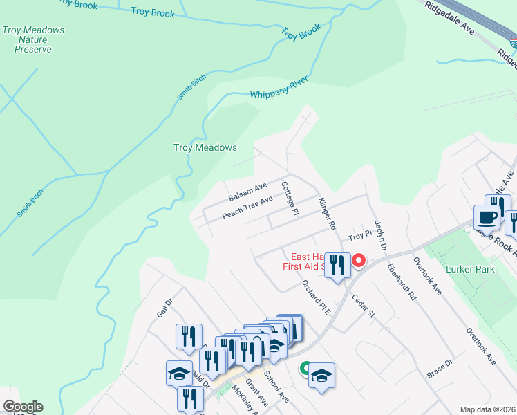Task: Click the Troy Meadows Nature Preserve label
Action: click(33, 39)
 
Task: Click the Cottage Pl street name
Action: click(290, 197)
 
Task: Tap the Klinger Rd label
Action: click(327, 214)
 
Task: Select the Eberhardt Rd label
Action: click(402, 282)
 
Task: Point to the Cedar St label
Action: click(363, 304)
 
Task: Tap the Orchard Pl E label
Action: click(317, 297)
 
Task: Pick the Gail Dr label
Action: click(164, 308)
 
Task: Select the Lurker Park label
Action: click(470, 269)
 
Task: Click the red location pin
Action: click(359, 261)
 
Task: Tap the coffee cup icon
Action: click(487, 217)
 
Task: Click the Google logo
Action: click(23, 407)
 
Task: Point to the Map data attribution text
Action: click(488, 409)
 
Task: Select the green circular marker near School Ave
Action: click(304, 368)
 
